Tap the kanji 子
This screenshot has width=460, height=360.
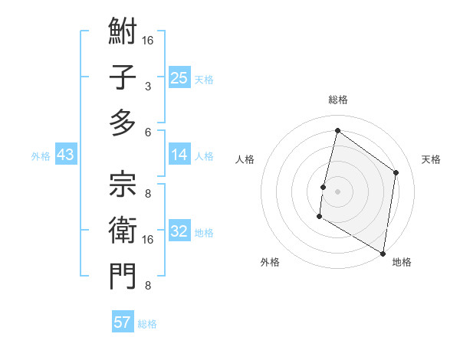tap(123, 79)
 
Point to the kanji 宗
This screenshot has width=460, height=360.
tap(123, 185)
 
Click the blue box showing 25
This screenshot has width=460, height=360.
tap(179, 78)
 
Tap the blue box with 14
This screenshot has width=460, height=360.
tap(179, 155)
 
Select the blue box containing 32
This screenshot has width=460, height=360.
tap(179, 232)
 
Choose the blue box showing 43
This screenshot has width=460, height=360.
tap(66, 155)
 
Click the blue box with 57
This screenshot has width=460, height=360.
tap(123, 322)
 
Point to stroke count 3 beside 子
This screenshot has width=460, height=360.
tap(148, 87)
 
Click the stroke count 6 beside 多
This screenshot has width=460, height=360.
tap(148, 133)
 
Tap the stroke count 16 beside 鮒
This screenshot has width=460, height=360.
tap(148, 40)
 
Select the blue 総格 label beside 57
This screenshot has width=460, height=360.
tap(148, 324)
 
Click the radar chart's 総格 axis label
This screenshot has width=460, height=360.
tap(337, 100)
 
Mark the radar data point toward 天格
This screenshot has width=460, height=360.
tap(396, 172)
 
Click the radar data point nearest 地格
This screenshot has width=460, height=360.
tap(383, 253)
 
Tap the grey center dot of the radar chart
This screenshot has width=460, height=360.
tap(337, 191)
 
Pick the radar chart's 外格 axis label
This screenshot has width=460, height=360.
tap(270, 262)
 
